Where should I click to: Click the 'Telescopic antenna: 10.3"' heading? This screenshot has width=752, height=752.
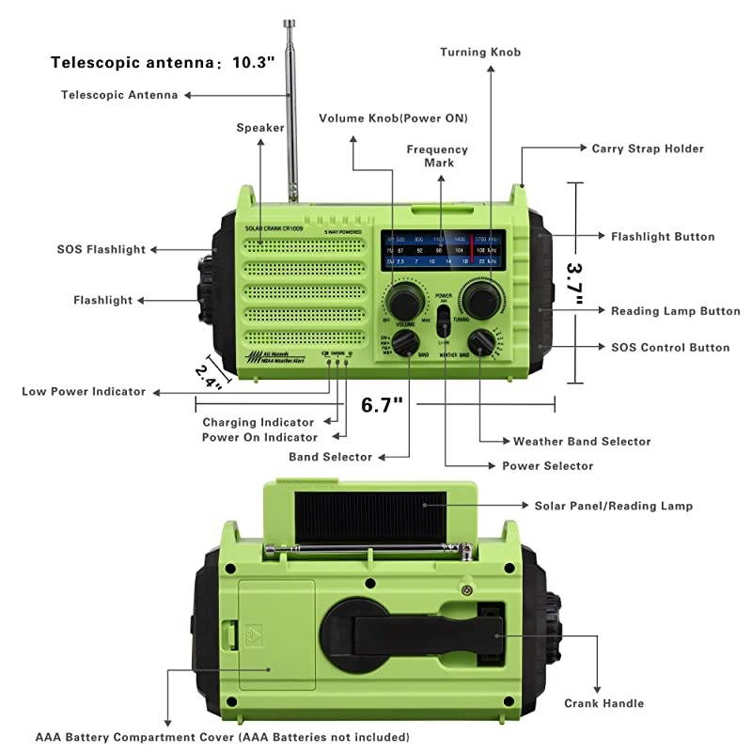163,63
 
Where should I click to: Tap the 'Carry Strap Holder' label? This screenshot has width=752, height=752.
647,149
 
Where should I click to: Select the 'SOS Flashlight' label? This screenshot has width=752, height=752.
102,249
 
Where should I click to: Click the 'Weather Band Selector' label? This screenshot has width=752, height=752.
581,441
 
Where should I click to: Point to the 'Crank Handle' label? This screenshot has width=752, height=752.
603,702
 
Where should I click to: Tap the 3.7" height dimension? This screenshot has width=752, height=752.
574,281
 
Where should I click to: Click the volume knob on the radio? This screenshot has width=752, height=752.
405,303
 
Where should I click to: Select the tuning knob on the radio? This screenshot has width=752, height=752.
482,302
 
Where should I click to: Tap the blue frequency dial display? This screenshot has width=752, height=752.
443,250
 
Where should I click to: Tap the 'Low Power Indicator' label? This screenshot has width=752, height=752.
84,391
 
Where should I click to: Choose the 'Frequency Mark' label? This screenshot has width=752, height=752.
437,156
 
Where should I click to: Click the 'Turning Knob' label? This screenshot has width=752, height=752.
479,52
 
